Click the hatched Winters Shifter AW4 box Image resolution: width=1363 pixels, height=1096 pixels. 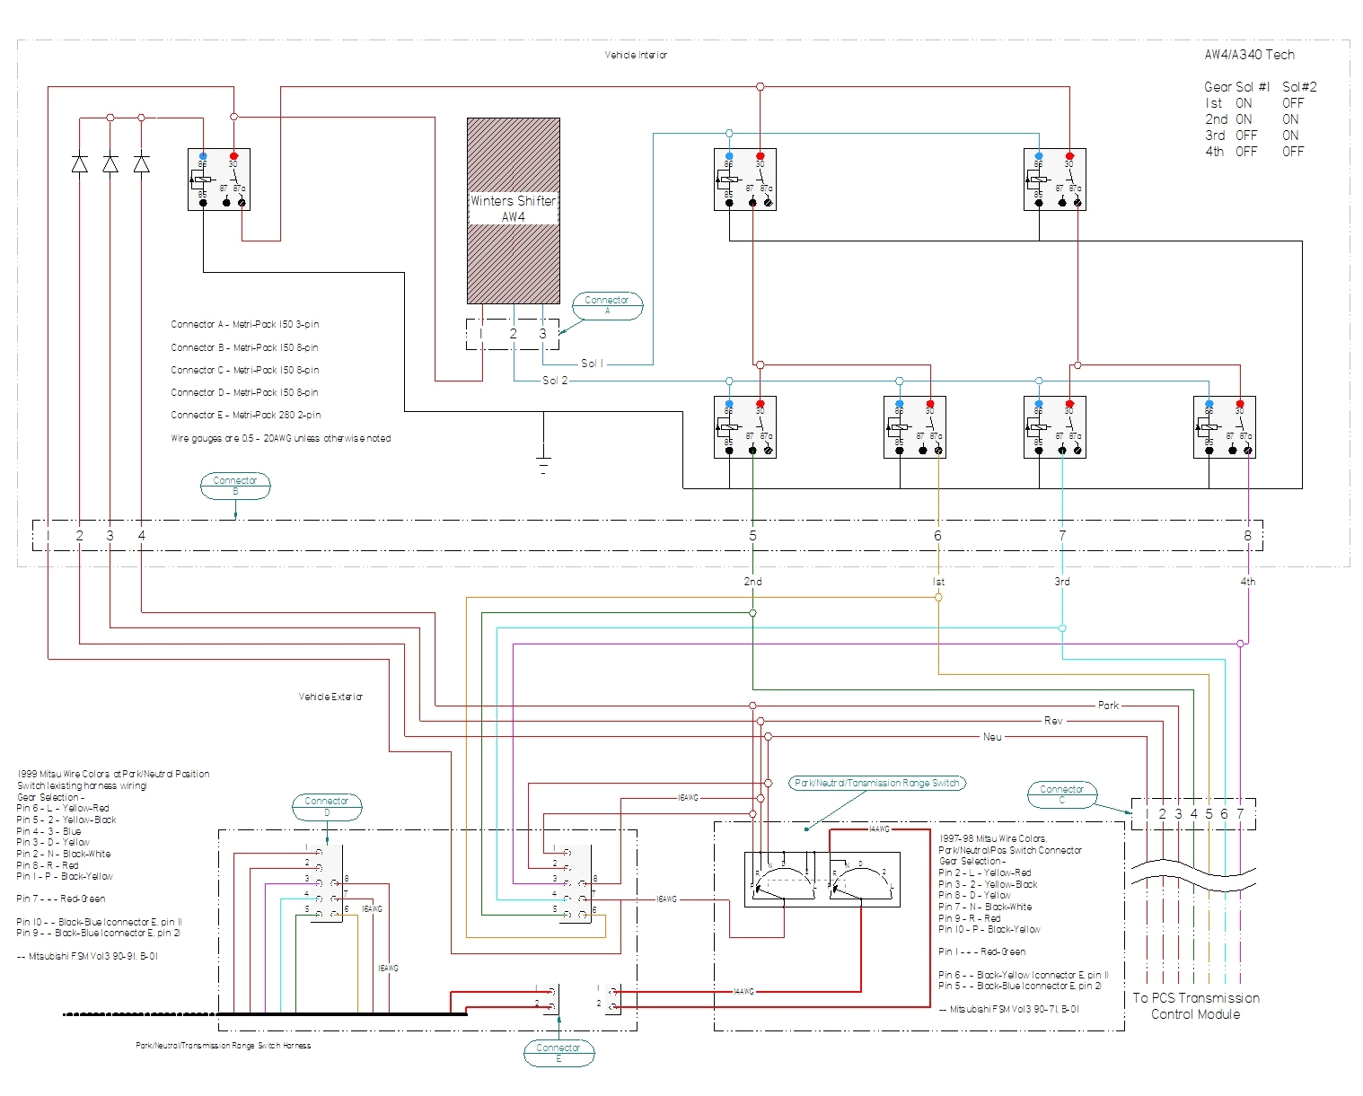513,210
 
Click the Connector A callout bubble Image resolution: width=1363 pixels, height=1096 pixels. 607,305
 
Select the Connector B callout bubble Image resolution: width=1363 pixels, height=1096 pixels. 235,486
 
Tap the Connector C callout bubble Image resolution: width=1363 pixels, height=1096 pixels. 1062,794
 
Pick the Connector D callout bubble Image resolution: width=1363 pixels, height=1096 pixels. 327,806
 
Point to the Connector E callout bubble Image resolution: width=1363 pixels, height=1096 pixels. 558,1053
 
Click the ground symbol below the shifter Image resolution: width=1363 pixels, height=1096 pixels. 542,464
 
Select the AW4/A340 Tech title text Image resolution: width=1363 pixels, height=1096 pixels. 1249,55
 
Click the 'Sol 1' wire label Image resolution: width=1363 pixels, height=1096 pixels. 592,364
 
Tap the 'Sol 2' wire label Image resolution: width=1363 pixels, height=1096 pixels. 555,381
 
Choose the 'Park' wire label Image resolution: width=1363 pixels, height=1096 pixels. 1108,706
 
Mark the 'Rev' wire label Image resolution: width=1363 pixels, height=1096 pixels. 1053,721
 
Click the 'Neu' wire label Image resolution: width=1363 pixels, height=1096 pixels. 992,737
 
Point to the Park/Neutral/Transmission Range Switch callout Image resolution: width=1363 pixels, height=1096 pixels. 877,783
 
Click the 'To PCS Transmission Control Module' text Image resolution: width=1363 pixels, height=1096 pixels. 1195,1005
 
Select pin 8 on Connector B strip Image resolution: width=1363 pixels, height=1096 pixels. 1247,536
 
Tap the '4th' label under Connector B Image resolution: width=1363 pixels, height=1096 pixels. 1247,582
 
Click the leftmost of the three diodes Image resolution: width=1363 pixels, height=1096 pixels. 79,163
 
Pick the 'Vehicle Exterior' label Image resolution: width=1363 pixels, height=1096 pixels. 330,697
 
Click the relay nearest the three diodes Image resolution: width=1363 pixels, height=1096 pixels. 218,180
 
